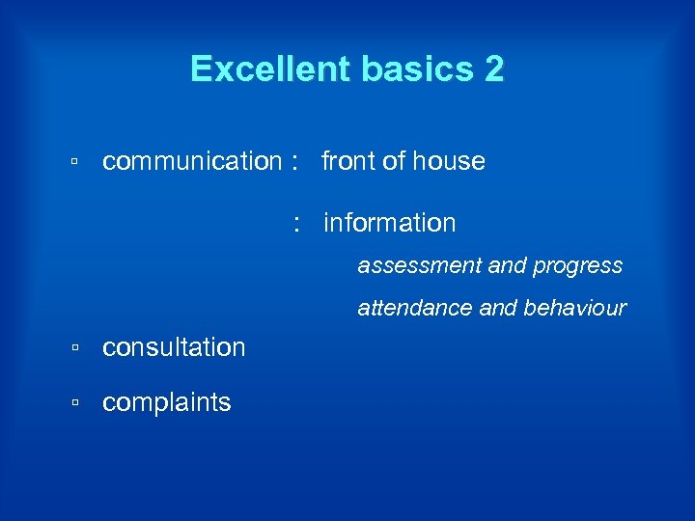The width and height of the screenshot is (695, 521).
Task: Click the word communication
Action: [191, 161]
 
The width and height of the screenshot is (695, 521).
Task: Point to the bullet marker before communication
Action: [74, 162]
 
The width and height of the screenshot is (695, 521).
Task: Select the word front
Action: [348, 161]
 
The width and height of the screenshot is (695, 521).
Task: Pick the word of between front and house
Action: [395, 161]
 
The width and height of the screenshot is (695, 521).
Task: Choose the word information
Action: [390, 223]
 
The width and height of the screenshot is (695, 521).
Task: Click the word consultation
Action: [174, 347]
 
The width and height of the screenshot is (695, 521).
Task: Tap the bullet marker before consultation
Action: [74, 348]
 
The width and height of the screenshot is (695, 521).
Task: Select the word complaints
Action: [167, 402]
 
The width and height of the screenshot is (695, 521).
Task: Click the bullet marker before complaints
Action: [74, 403]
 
